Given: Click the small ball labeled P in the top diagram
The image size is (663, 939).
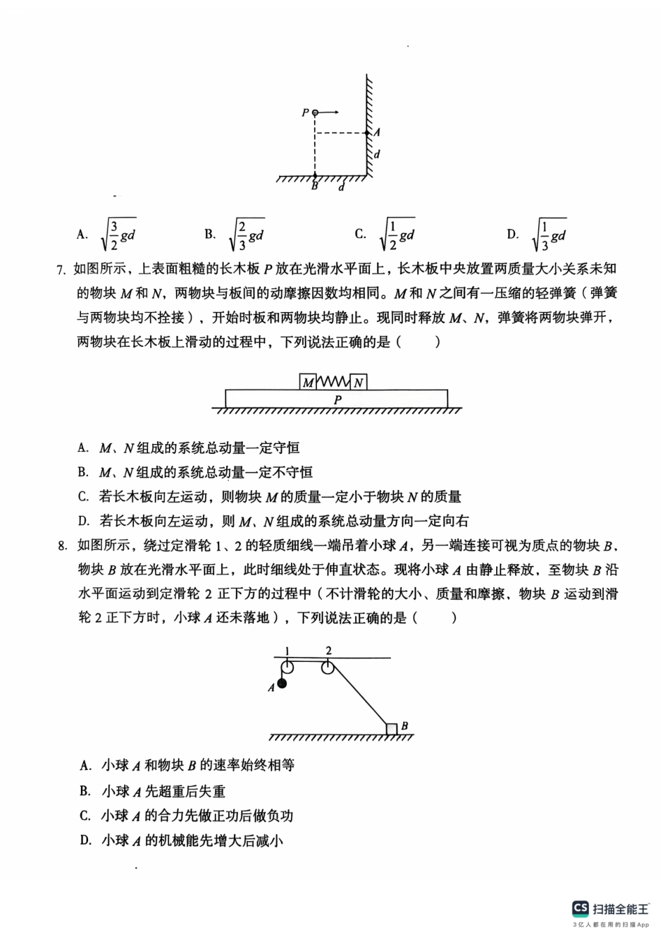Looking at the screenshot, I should pos(315,112).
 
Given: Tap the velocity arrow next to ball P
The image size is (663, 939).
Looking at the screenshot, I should pos(329,112).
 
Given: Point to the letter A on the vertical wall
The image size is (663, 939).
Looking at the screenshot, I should pos(377,132).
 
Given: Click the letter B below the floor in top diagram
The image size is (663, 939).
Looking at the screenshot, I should pos(315,186).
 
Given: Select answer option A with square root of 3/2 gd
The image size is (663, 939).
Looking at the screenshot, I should pos(117,235).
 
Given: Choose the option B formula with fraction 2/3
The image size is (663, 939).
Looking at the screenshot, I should pos(246,235).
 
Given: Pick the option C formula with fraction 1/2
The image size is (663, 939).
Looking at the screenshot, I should pos(396,235).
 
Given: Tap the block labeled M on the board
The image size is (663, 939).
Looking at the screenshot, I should pos(308,382).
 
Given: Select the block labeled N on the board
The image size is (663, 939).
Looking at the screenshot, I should pos(358,382).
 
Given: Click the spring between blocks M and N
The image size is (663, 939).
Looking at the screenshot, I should pos(333,382).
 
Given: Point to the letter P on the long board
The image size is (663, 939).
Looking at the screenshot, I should pos(338,399).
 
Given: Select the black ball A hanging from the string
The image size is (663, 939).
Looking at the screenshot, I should pos(282,683).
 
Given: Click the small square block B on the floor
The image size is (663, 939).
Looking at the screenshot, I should pos(392,729).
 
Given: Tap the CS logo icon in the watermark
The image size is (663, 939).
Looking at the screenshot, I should pos(580,908).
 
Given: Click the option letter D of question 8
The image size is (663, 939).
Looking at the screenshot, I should pos(85,841).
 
